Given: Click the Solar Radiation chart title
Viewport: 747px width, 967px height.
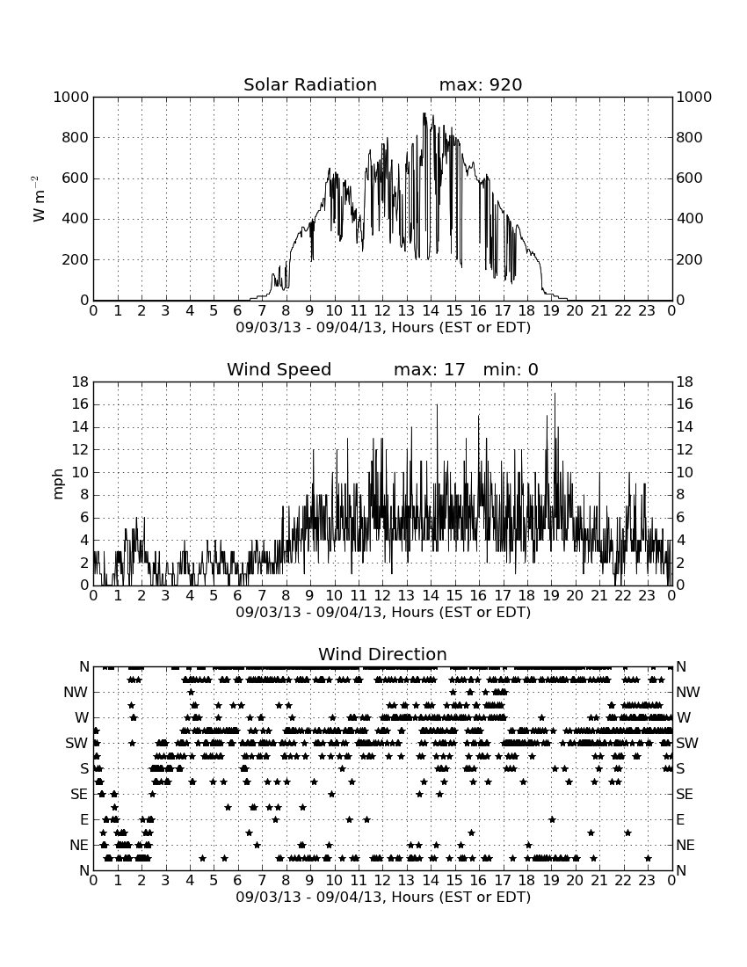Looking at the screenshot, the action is (310, 84).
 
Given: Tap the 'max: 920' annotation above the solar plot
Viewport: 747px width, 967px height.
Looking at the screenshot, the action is (481, 84).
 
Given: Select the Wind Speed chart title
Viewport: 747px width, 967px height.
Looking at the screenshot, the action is (279, 369).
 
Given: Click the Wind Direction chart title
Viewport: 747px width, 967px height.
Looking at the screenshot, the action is (382, 654).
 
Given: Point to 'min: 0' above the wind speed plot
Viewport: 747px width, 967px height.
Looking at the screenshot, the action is (511, 369).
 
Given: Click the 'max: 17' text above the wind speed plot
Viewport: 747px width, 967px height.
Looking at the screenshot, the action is (430, 369).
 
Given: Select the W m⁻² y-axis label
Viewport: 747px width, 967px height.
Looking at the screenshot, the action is (38, 199).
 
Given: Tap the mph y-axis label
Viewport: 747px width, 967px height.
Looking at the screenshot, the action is (58, 484).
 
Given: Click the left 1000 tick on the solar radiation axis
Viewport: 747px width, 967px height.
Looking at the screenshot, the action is (71, 98).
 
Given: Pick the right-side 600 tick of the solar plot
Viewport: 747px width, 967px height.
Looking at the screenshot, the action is (690, 178).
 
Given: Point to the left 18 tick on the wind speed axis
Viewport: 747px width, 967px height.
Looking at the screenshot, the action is (81, 382).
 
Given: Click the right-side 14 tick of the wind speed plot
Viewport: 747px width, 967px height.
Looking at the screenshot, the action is (685, 427).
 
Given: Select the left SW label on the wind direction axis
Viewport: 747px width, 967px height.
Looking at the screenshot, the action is (76, 744).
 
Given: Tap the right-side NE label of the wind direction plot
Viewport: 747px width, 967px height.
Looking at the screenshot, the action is (685, 846).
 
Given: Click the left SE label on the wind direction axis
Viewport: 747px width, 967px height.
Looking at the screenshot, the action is (79, 795).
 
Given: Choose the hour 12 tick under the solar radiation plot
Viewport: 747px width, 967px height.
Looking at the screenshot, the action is (382, 311).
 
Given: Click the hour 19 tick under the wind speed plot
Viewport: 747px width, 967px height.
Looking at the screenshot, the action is (551, 596).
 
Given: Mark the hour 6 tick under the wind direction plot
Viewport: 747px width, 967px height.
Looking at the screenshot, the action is (237, 881).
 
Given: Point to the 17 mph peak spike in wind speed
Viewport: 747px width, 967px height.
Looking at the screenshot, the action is (555, 394).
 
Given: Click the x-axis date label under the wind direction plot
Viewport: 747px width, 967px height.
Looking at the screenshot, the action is (383, 897).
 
